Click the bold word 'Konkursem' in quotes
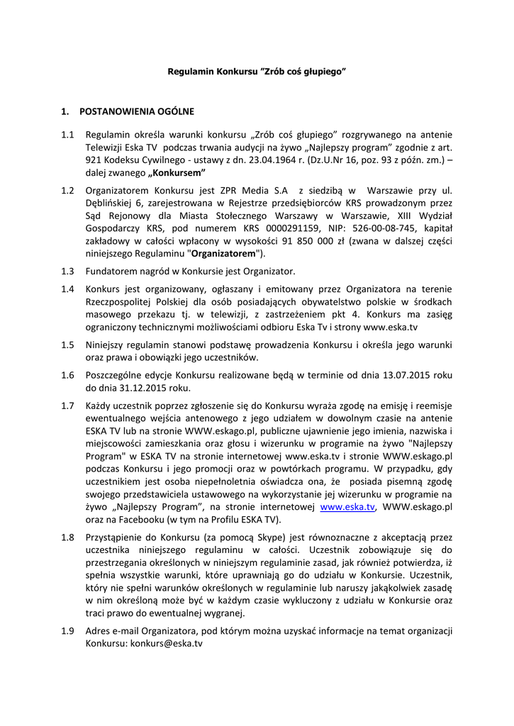pos(177,173)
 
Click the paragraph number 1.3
pos(67,272)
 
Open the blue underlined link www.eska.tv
pos(347,507)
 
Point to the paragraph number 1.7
pos(67,406)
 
